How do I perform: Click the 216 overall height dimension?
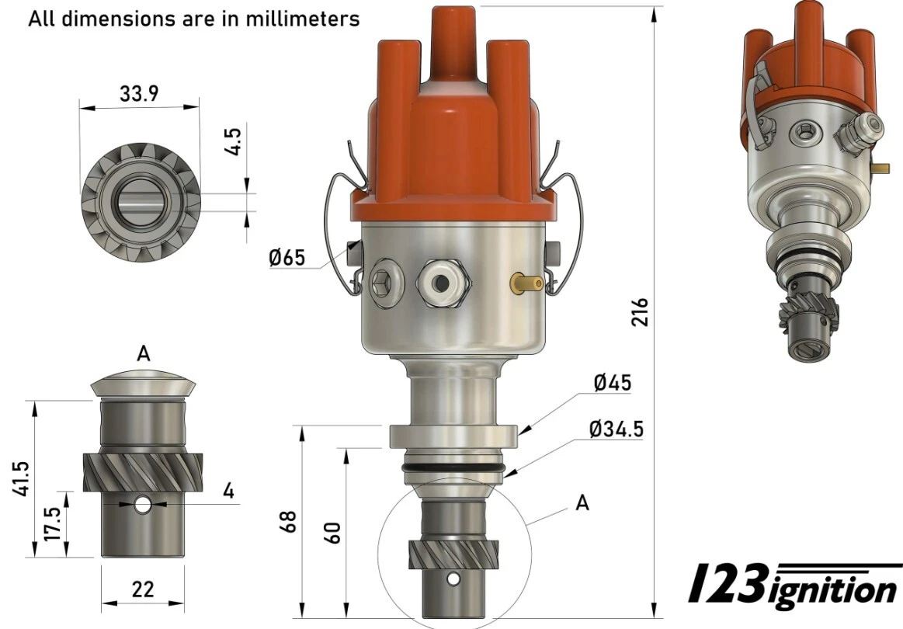640,312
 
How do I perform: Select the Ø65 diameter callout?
287,258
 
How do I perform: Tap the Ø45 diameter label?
612,383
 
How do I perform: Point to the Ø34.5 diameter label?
616,429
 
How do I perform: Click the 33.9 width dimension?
139,93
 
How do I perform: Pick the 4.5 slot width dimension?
233,141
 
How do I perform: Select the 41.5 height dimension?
21,478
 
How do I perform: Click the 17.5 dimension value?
53,523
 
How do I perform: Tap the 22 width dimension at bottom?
143,590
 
